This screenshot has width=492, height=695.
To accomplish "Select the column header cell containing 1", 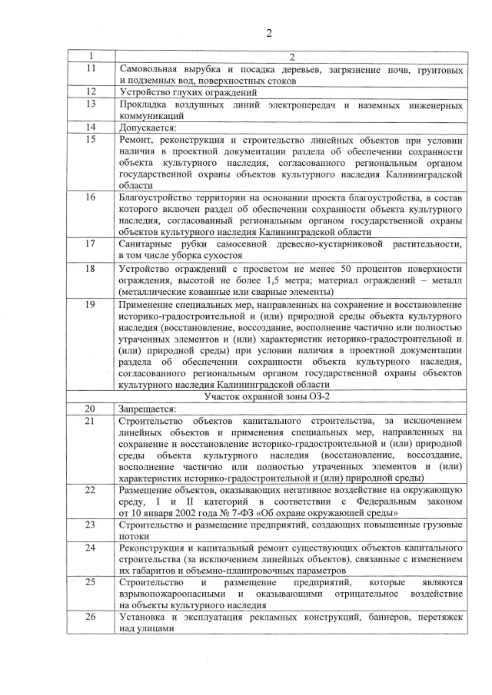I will pyautogui.click(x=91, y=57).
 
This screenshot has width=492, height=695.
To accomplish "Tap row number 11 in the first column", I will pyautogui.click(x=91, y=69).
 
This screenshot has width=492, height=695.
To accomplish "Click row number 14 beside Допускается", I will pyautogui.click(x=91, y=127).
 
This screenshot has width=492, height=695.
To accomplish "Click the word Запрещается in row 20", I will pyautogui.click(x=148, y=408).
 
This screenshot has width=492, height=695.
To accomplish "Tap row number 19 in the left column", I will pyautogui.click(x=91, y=305).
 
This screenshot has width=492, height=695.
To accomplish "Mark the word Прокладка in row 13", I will pyautogui.click(x=146, y=104).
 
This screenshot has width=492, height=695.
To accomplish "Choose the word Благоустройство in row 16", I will pyautogui.click(x=160, y=197).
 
